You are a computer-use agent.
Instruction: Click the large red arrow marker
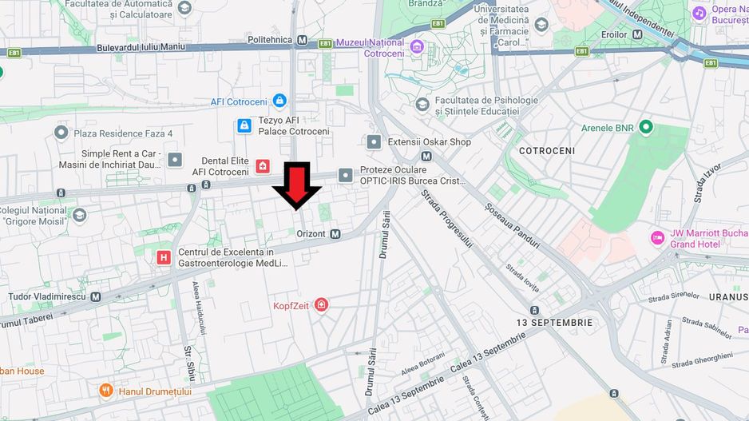pyautogui.click(x=297, y=185)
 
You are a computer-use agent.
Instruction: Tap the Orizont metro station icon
pyautogui.click(x=335, y=234)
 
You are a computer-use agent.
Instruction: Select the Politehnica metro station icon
pyautogui.click(x=302, y=39)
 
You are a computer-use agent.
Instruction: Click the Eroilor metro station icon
pyautogui.click(x=637, y=34)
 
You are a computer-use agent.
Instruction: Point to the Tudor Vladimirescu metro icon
pyautogui.click(x=96, y=296)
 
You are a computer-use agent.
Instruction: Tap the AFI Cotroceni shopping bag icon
pyautogui.click(x=279, y=101)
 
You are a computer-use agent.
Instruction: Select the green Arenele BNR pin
pyautogui.click(x=646, y=128)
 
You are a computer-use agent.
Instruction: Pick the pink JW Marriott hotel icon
pyautogui.click(x=657, y=238)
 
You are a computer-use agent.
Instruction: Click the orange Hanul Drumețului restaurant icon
pyautogui.click(x=106, y=391)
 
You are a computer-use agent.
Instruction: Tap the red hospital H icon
pyautogui.click(x=164, y=257)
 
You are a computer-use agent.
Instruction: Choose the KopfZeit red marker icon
pyautogui.click(x=321, y=304)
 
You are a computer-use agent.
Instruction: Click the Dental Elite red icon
pyautogui.click(x=263, y=166)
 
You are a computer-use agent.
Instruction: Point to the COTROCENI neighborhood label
pyautogui.click(x=547, y=150)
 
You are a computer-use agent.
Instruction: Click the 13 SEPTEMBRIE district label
pyautogui.click(x=554, y=323)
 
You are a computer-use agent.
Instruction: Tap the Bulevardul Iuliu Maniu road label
pyautogui.click(x=141, y=47)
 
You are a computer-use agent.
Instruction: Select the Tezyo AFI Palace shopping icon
pyautogui.click(x=244, y=125)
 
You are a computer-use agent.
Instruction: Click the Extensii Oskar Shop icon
pyautogui.click(x=374, y=142)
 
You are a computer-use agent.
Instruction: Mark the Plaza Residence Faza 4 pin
pyautogui.click(x=61, y=133)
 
